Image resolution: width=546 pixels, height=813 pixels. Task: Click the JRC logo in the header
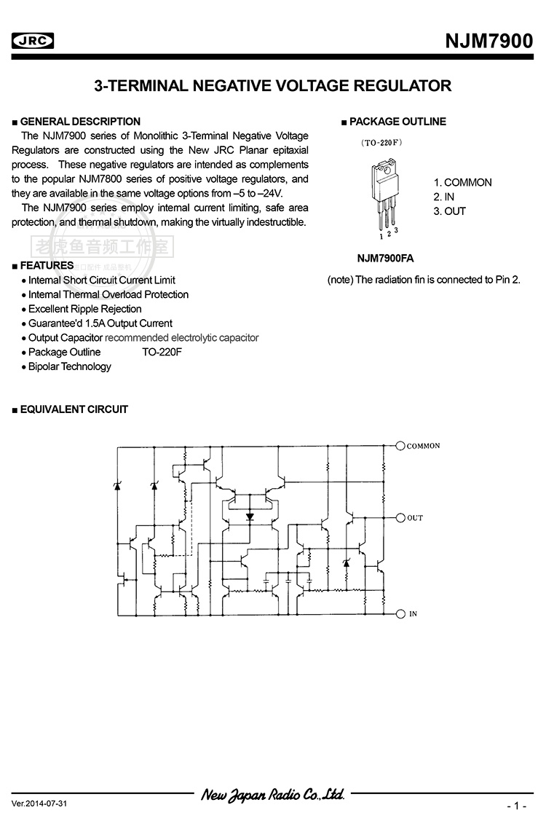pyautogui.click(x=33, y=42)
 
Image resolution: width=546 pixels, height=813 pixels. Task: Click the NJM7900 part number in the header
pyautogui.click(x=488, y=42)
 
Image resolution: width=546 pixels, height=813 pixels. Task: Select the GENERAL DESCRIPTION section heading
pyautogui.click(x=80, y=122)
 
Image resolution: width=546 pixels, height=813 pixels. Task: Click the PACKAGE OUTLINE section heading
pyautogui.click(x=397, y=122)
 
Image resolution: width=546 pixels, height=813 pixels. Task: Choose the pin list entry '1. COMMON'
pyautogui.click(x=463, y=182)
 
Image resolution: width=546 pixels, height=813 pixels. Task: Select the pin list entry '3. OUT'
pyautogui.click(x=450, y=211)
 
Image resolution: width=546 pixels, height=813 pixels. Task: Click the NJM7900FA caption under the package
pyautogui.click(x=385, y=258)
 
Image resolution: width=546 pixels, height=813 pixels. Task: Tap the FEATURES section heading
pyautogui.click(x=47, y=265)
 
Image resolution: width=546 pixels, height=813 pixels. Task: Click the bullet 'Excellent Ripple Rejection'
pyautogui.click(x=84, y=309)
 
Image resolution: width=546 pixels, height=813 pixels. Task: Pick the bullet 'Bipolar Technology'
pyautogui.click(x=69, y=366)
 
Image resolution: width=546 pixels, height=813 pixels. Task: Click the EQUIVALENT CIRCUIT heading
pyautogui.click(x=74, y=409)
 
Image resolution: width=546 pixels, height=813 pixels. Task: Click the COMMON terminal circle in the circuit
pyautogui.click(x=400, y=446)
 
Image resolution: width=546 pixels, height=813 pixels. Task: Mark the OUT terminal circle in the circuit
pyautogui.click(x=400, y=518)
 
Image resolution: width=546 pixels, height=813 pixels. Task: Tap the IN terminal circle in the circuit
pyautogui.click(x=400, y=614)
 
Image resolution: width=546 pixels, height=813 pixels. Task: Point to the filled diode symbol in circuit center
pyautogui.click(x=250, y=517)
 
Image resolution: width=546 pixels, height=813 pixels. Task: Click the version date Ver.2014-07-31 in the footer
pyautogui.click(x=39, y=803)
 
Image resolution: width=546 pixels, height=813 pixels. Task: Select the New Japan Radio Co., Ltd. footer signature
pyautogui.click(x=273, y=794)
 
